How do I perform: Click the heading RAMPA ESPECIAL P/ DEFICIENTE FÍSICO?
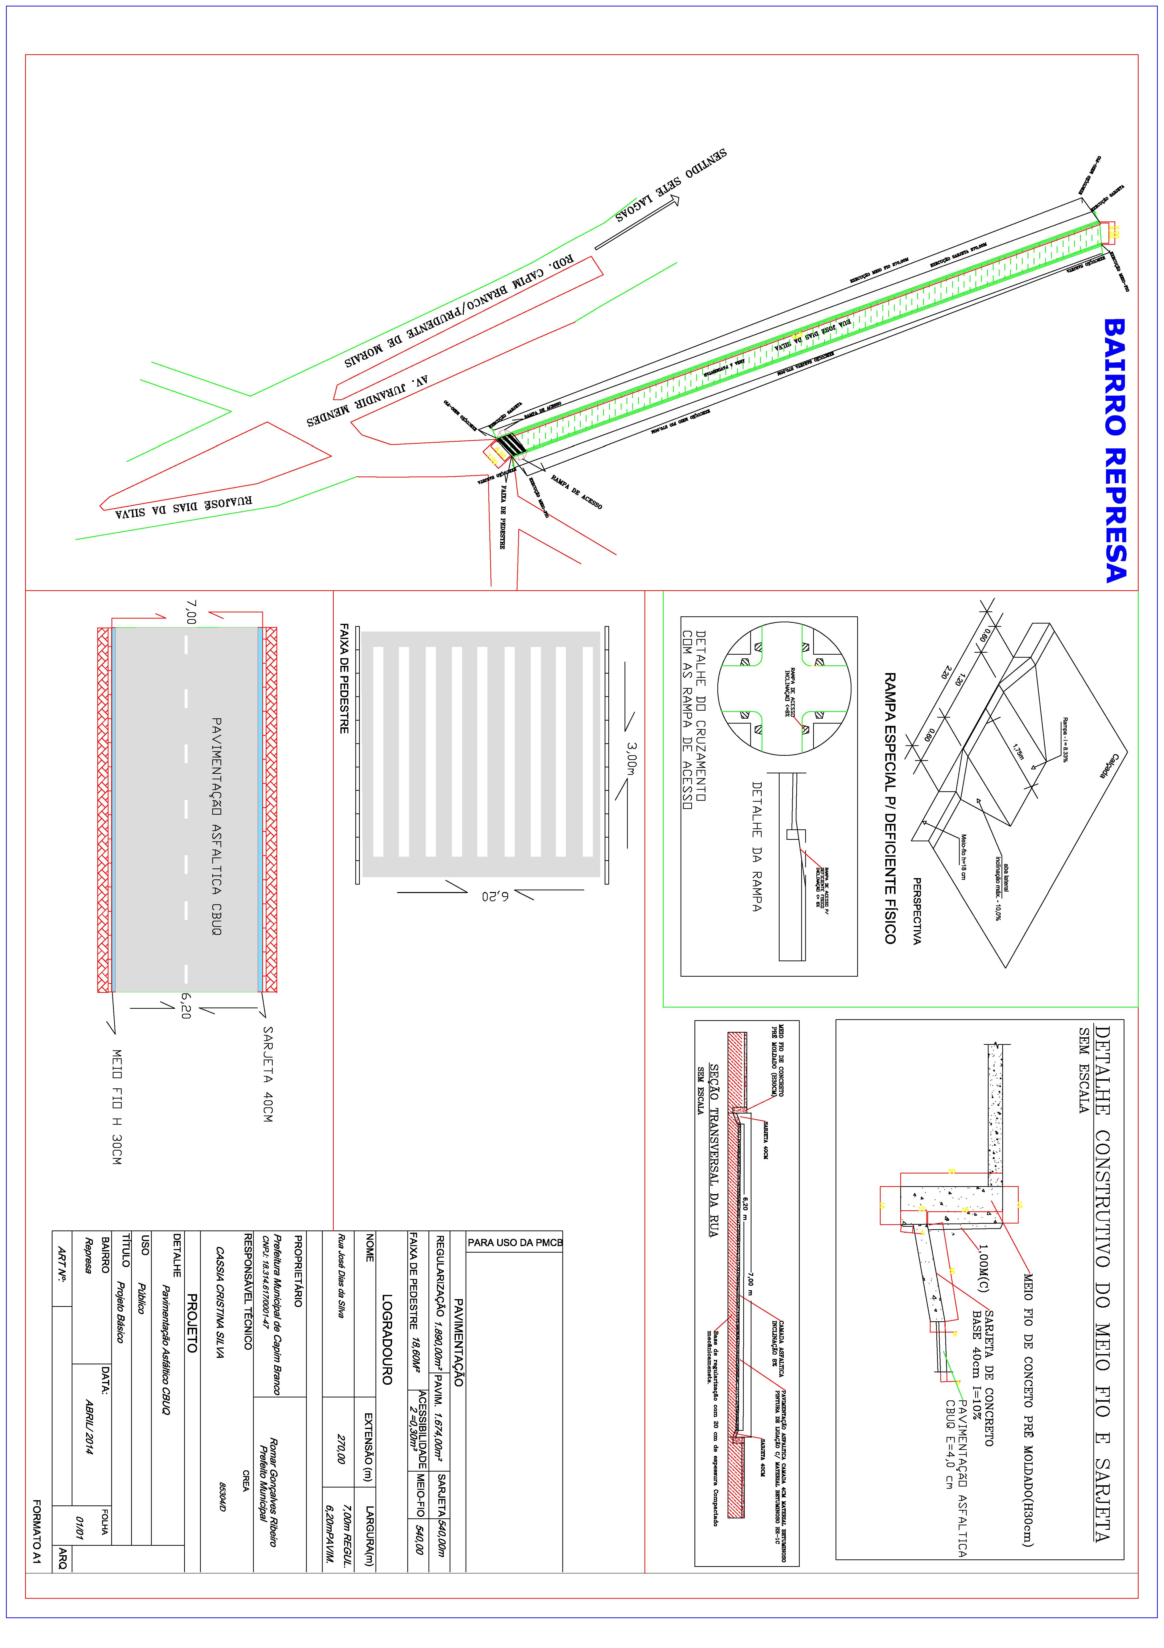(x=890, y=807)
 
